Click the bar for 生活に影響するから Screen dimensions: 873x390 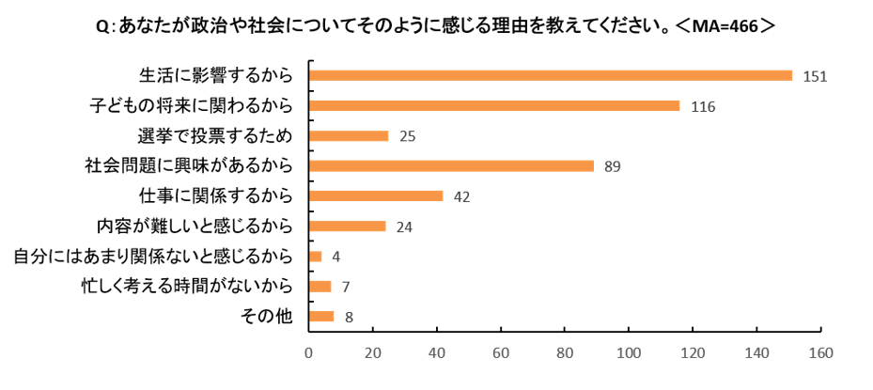coord(551,76)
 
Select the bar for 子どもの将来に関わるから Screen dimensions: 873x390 coord(494,106)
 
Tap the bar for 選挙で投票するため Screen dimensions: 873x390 coord(349,136)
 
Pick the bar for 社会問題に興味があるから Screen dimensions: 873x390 coord(451,166)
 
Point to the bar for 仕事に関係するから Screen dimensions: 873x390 coord(377,196)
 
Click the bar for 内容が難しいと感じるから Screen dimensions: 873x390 coord(348,226)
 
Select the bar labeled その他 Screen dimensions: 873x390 coord(321,317)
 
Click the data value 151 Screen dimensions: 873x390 coord(815,77)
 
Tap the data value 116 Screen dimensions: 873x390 coord(703,107)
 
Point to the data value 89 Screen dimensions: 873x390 coord(613,167)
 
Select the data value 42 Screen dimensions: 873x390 coord(462,197)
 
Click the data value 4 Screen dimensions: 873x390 coord(336,257)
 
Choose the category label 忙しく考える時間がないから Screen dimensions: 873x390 coord(186,287)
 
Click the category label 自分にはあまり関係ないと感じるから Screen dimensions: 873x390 coord(153,257)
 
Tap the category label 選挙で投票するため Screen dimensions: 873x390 coord(215,136)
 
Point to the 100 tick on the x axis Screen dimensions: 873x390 coord(629,353)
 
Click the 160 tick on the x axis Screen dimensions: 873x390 coord(821,353)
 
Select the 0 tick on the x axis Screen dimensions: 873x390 coord(308,353)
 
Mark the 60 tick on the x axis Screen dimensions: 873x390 coord(501,353)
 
